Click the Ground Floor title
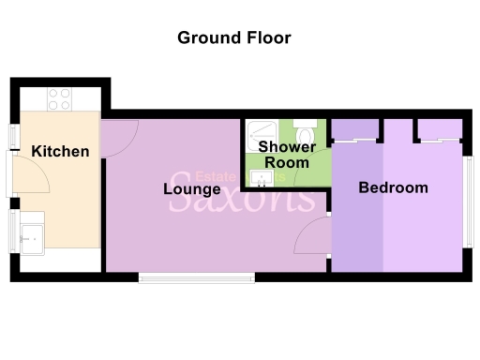[234, 38]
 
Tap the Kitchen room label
[61, 151]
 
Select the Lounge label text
[191, 188]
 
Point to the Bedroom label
[394, 187]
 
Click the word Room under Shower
[287, 162]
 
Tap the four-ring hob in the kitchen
[60, 98]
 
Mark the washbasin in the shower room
[257, 176]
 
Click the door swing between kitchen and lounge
[119, 138]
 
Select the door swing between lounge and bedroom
[313, 238]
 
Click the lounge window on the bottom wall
[196, 277]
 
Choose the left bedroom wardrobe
[354, 129]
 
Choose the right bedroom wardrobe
[440, 129]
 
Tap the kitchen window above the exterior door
[12, 135]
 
